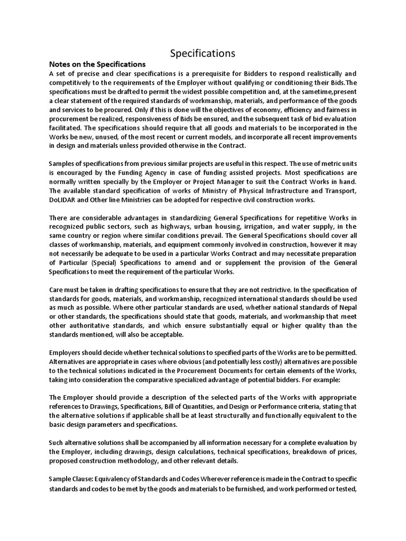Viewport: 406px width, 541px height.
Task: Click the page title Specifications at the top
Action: point(202,53)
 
